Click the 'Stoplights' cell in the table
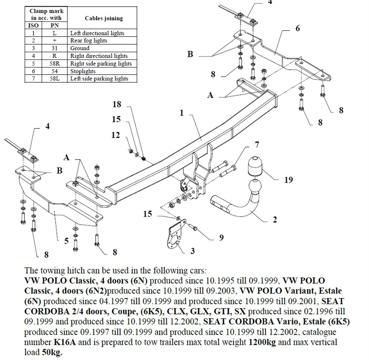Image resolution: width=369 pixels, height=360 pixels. click(83, 71)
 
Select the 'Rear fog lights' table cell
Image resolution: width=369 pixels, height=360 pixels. click(89, 40)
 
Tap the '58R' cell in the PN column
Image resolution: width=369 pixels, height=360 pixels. click(54, 63)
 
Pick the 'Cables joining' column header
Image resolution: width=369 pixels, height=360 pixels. click(104, 18)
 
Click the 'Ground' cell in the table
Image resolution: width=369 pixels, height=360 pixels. click(80, 48)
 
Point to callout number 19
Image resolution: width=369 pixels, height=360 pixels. click(288, 180)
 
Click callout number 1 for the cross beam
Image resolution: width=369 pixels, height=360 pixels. click(182, 113)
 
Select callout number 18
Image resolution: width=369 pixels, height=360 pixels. click(117, 104)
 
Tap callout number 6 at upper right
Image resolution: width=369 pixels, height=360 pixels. click(297, 28)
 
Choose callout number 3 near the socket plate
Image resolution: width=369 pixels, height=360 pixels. click(193, 251)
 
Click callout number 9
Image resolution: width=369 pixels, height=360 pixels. click(221, 237)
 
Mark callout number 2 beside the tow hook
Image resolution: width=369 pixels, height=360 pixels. click(275, 220)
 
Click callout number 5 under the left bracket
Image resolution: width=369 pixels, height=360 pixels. click(66, 241)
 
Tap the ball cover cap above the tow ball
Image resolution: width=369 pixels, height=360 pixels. click(255, 166)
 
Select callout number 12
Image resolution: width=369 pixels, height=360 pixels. click(116, 135)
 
